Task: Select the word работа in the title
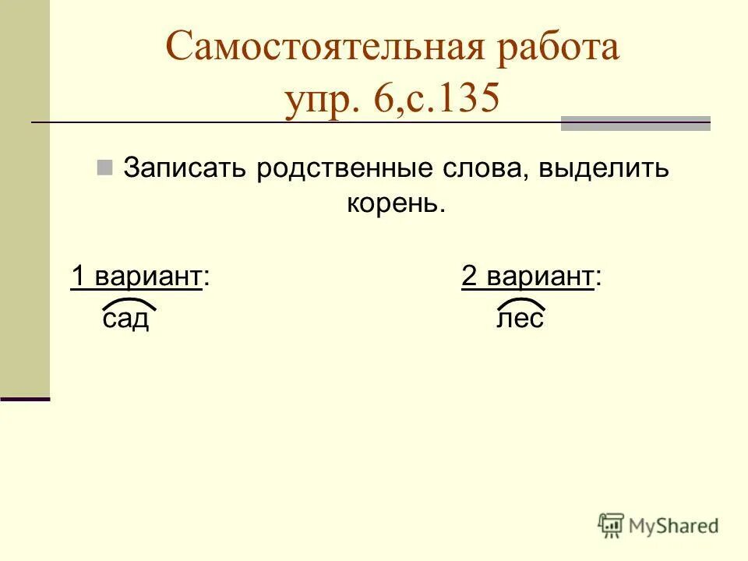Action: (553, 48)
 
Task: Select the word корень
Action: (395, 203)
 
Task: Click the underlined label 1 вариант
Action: (137, 277)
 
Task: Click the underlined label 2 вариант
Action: (528, 277)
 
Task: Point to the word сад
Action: (125, 319)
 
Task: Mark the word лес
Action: (520, 319)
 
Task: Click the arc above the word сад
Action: (125, 302)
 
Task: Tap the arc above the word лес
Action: (520, 302)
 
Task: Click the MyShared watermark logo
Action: (658, 525)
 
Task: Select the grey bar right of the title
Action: (635, 123)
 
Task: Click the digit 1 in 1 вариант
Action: (78, 277)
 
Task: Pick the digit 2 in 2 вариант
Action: (469, 277)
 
